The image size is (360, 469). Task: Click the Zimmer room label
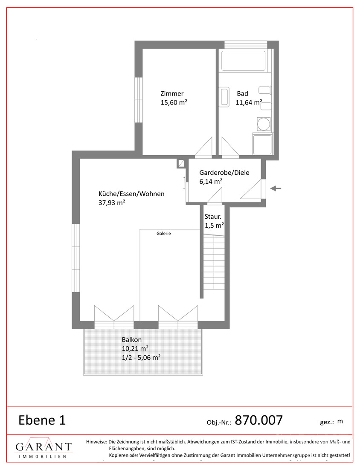pos(172,94)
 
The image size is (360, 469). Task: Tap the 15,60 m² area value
pos(174,103)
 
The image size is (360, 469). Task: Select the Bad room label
pos(242,94)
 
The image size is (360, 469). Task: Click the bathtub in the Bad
pos(243,61)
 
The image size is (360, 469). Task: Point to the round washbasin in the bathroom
pos(264,124)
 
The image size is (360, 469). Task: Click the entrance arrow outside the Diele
pos(276,188)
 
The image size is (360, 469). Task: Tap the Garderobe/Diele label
pos(224,173)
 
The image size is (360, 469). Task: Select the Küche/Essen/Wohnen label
pos(131,194)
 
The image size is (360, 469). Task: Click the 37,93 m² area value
pos(112,203)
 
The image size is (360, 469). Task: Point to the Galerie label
pos(164,233)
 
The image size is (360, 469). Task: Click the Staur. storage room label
pos(213,217)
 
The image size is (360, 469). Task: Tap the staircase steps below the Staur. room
pos(214,262)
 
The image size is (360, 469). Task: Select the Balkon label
pos(132,340)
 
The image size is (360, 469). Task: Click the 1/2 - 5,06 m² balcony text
pos(141,357)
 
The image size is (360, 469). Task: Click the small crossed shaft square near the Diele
pos(181,163)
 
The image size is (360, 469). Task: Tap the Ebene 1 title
pos(42,420)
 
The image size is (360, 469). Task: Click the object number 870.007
pos(258,420)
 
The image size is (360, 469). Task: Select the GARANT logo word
pos(44,447)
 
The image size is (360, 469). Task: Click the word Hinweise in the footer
pos(96,441)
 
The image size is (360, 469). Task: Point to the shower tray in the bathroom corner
pos(262,145)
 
